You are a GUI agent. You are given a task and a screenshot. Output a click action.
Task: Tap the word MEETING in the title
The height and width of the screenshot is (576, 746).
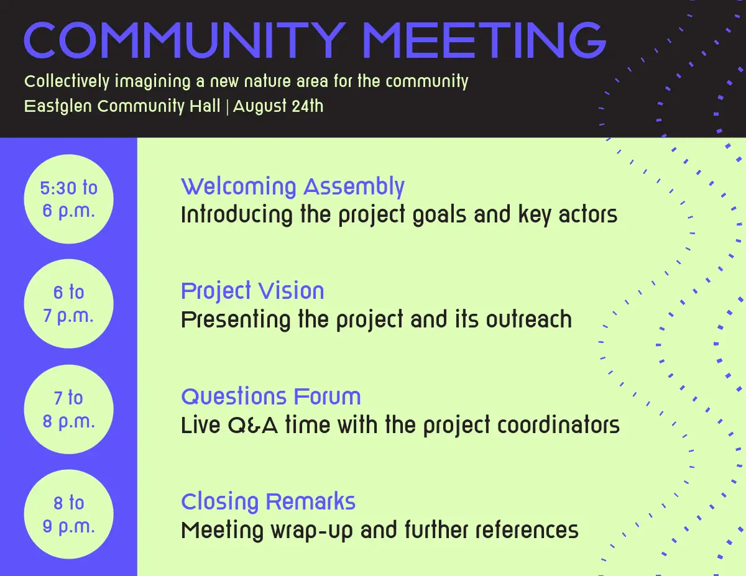pos(485,40)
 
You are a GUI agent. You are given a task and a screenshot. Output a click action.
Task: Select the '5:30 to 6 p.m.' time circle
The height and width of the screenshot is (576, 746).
pos(68,199)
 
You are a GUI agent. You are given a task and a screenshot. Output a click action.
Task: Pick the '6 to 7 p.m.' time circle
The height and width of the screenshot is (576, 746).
pos(68,304)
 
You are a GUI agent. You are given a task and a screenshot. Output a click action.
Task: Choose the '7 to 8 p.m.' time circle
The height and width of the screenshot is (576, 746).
pos(68,409)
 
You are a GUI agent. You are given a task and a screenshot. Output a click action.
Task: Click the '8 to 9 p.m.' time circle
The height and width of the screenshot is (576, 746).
pos(68,514)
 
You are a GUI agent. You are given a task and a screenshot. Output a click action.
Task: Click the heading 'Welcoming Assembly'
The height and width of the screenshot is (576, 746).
pos(293,187)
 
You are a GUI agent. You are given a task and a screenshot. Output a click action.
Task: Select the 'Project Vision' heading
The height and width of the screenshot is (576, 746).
pos(252,292)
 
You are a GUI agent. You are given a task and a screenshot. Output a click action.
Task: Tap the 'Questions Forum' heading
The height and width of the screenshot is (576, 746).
pos(271,396)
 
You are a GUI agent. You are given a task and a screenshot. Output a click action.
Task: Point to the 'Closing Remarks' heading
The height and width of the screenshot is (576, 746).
pos(268,501)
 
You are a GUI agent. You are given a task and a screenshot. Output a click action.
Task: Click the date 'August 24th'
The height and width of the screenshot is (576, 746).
pos(278,106)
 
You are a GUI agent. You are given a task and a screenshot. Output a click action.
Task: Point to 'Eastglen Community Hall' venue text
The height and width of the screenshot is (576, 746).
pos(122,106)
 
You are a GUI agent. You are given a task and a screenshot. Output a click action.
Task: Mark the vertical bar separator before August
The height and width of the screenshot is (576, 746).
pos(227,107)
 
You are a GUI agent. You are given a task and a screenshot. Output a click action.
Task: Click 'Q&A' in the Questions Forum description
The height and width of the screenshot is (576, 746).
pos(252,426)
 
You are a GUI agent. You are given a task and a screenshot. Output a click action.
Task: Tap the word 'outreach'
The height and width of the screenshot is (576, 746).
pos(529,319)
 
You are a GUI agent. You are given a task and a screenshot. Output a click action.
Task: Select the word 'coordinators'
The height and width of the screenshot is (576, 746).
pos(558,425)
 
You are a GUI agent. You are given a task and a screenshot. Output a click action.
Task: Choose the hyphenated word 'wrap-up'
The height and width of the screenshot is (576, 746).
pos(311,531)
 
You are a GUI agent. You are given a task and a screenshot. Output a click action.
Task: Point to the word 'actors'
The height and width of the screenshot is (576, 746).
pos(588,214)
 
